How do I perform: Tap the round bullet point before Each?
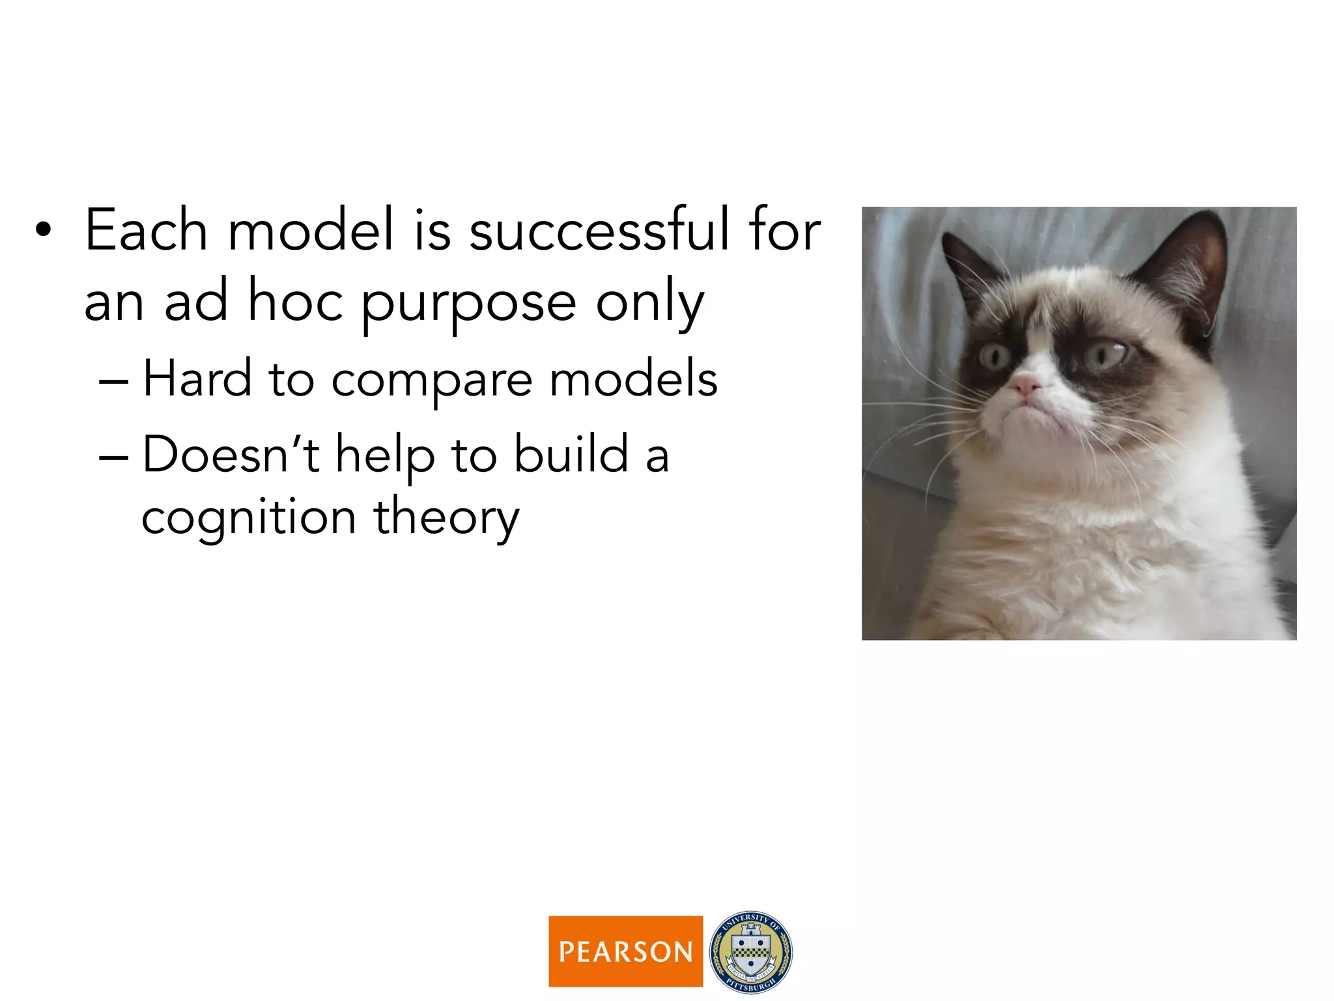43,229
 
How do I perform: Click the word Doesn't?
231,454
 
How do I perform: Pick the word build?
571,454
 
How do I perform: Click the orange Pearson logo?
625,951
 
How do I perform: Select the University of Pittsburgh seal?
750,951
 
